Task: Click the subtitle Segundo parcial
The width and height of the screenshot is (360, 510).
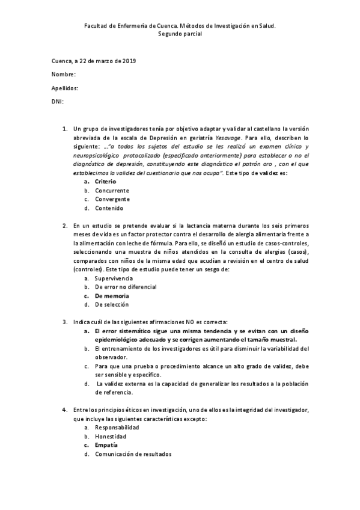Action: click(180, 34)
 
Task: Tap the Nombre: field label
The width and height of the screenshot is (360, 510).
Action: click(64, 75)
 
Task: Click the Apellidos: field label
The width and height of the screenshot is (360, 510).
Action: click(65, 88)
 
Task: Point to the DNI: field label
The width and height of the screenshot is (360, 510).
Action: click(58, 102)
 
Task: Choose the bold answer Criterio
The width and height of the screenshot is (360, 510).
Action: click(105, 182)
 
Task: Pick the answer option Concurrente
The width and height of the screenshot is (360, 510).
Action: click(112, 191)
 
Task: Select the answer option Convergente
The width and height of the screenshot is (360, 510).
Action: click(112, 199)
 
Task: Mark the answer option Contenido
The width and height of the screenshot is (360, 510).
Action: click(109, 208)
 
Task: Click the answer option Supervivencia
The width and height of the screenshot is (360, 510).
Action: click(114, 278)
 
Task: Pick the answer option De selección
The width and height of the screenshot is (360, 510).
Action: click(112, 304)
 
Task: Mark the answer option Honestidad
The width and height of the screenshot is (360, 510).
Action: click(111, 436)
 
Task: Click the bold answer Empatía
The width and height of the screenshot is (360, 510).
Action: click(106, 445)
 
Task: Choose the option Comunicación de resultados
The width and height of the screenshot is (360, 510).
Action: click(133, 454)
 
